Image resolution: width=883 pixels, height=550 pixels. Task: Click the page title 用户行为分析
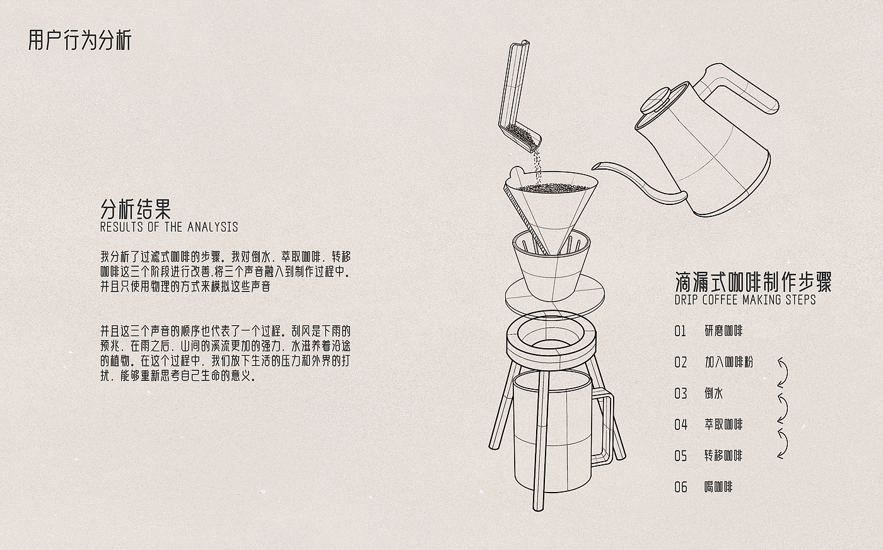tap(79, 40)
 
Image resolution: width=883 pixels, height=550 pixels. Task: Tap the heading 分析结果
tap(136, 209)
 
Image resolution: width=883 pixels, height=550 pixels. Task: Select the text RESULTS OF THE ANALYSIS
tap(169, 227)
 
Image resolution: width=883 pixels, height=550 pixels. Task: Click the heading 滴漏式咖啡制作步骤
tap(753, 282)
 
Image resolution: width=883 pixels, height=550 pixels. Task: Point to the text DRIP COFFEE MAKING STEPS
tap(745, 300)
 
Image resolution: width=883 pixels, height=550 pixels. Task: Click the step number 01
tap(681, 331)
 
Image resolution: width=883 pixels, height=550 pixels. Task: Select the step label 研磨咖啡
tap(723, 331)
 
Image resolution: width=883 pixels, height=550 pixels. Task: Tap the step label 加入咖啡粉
tap(729, 362)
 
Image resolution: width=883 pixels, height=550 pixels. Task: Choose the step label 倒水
tap(714, 393)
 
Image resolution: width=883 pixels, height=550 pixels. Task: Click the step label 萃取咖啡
tap(723, 424)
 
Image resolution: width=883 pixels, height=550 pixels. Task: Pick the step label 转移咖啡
tap(723, 456)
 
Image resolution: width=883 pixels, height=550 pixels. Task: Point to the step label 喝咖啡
tap(718, 487)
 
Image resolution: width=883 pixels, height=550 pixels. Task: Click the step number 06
tap(681, 488)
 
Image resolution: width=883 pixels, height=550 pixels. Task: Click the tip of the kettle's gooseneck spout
tap(594, 167)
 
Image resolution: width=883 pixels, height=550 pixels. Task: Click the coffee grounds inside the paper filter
tap(552, 188)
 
